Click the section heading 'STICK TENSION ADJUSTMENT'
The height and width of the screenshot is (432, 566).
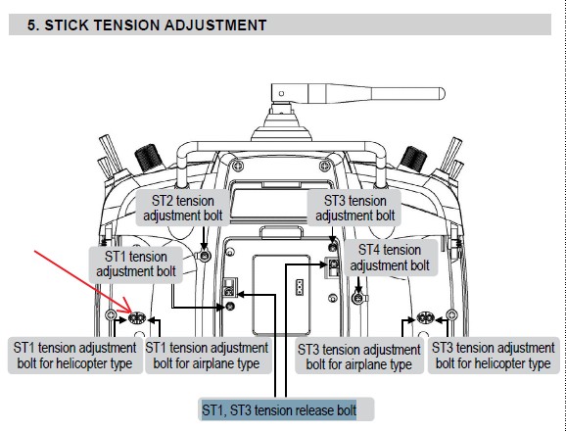pyautogui.click(x=156, y=25)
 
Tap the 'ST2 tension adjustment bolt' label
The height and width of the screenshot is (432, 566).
pyautogui.click(x=183, y=208)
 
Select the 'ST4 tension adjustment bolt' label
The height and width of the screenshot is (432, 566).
pyautogui.click(x=390, y=258)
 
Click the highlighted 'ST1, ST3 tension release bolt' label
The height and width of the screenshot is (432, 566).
pyautogui.click(x=279, y=410)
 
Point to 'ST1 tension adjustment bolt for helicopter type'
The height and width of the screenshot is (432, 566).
pyautogui.click(x=74, y=356)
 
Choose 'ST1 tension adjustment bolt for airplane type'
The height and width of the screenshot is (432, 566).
pyautogui.click(x=207, y=356)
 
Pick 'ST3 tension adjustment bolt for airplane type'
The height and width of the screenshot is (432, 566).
pyautogui.click(x=359, y=357)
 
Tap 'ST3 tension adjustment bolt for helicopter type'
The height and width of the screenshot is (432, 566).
pyautogui.click(x=494, y=356)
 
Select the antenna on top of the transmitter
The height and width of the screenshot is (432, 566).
pyautogui.click(x=358, y=94)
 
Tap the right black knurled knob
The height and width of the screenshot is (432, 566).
pyautogui.click(x=412, y=159)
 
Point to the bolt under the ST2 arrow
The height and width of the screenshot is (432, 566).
pyautogui.click(x=205, y=256)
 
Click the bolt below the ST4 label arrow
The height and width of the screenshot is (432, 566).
pyautogui.click(x=358, y=299)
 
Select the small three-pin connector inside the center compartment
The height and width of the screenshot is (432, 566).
pyautogui.click(x=300, y=288)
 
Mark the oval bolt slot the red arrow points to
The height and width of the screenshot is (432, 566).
pyautogui.click(x=137, y=318)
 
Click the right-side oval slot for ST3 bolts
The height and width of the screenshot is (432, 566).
pyautogui.click(x=426, y=317)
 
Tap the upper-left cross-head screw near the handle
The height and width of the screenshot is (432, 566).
pyautogui.click(x=237, y=167)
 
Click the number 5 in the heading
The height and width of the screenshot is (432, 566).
pyautogui.click(x=31, y=25)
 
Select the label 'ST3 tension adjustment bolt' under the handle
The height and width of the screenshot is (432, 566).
pyautogui.click(x=355, y=208)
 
